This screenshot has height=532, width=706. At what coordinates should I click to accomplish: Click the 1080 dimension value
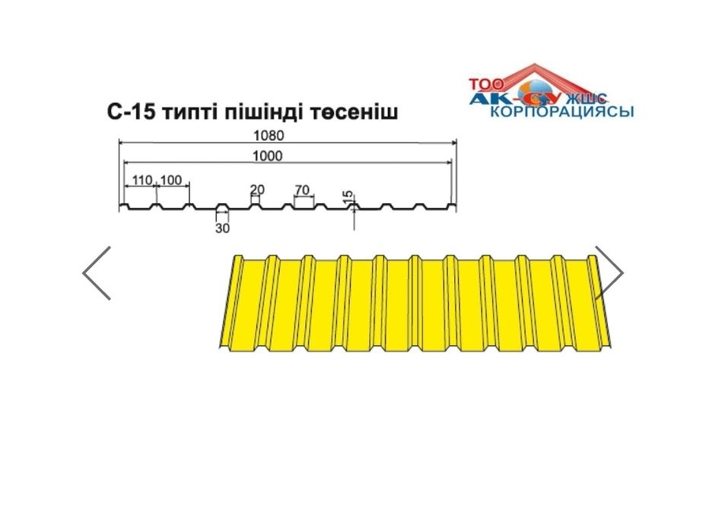[x=269, y=135]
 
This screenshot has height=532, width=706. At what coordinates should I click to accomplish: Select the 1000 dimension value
[x=268, y=156]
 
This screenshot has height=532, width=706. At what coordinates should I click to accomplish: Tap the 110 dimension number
[x=142, y=180]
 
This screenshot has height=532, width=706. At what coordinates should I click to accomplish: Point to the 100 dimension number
[x=170, y=180]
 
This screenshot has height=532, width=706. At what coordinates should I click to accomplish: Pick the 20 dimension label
[x=257, y=190]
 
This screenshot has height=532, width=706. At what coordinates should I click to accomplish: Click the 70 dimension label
[x=302, y=190]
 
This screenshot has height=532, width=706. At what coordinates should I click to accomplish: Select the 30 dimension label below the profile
[x=222, y=228]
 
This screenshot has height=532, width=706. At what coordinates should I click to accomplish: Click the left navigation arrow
[x=97, y=273]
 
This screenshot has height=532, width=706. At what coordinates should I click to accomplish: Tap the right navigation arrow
[x=609, y=273]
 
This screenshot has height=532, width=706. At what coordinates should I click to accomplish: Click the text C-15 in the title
[x=132, y=112]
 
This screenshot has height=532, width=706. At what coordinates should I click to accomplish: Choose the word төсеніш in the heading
[x=355, y=112]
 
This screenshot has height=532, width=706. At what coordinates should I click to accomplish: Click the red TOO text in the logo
[x=486, y=84]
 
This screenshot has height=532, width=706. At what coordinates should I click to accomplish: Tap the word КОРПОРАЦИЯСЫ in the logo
[x=561, y=111]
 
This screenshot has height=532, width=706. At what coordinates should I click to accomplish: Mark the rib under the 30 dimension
[x=222, y=208]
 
